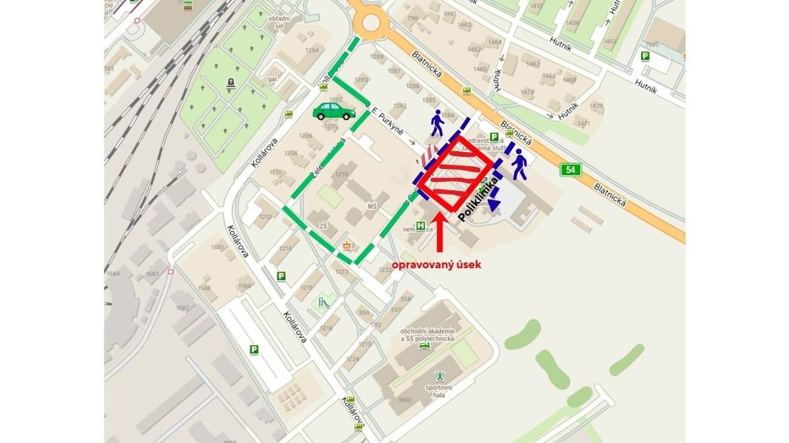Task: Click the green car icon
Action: (x=334, y=111)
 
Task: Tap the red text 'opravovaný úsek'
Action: (x=437, y=264)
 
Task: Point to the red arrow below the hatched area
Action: (x=441, y=233)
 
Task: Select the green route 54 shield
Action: (x=571, y=170)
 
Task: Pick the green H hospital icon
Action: (x=421, y=226)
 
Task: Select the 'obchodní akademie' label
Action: (x=427, y=329)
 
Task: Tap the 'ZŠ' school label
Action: (x=323, y=226)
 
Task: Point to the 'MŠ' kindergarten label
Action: (x=372, y=206)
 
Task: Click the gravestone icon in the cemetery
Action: (x=231, y=83)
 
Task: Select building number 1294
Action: (x=312, y=51)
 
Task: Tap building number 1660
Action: (x=404, y=400)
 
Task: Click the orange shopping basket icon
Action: (x=347, y=246)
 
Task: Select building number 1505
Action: (x=652, y=45)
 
